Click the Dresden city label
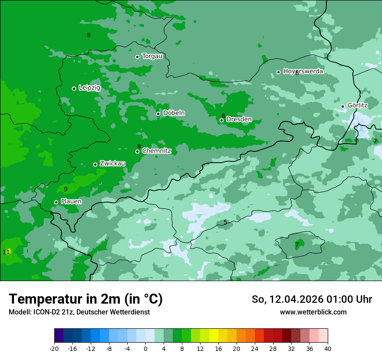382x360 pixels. coord(239,119)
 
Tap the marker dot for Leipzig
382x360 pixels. coord(74,88)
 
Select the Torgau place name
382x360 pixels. coord(152,56)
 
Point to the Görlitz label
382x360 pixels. coord(357,105)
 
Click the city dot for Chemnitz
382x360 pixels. coord(137,151)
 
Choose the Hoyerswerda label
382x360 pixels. coord(303,71)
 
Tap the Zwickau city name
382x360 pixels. coord(112,164)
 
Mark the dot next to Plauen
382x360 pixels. coord(56,202)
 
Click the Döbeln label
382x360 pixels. coord(174,113)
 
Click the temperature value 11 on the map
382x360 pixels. coord(6,252)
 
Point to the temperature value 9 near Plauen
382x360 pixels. coord(66,189)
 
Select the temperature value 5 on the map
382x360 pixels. coord(225,222)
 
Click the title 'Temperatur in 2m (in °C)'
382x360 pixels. coord(86,299)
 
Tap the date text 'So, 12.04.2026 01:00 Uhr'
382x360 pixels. coord(312,299)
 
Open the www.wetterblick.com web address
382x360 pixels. coord(313,312)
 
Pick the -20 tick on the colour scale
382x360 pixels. coord(54,348)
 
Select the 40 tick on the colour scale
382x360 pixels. coord(328,348)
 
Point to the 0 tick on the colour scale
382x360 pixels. coord(145,348)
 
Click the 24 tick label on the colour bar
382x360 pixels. coord(255,348)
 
